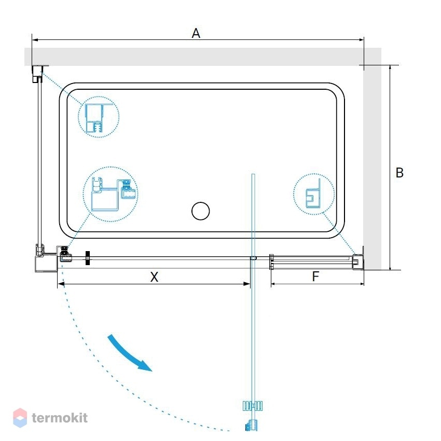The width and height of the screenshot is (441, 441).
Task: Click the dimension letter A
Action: click(196, 33)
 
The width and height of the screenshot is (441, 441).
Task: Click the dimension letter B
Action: click(399, 173)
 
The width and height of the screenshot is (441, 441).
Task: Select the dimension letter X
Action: click(154, 277)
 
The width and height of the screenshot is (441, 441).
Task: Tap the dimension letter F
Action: click(315, 277)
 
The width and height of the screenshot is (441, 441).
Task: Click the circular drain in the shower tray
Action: click(201, 211)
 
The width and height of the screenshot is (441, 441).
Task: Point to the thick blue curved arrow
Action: click(129, 353)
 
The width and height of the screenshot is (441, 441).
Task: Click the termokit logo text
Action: click(60, 418)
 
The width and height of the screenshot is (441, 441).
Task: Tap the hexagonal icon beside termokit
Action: click(20, 418)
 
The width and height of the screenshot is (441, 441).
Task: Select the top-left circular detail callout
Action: click(99, 117)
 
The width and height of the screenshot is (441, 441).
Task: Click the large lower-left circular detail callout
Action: click(111, 194)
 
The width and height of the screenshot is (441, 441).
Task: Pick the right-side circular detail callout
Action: click(314, 194)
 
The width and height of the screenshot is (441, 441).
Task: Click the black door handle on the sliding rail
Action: click(88, 258)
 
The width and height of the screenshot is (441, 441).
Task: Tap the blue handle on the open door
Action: click(253, 406)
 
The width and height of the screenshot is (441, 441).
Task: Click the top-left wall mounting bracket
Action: click(37, 74)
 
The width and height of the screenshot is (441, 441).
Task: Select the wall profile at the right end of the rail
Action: click(358, 261)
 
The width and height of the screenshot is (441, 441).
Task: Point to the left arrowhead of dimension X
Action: click(61, 284)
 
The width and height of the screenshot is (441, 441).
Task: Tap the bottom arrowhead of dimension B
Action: click(390, 267)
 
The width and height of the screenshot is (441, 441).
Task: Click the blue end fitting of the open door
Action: click(252, 425)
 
